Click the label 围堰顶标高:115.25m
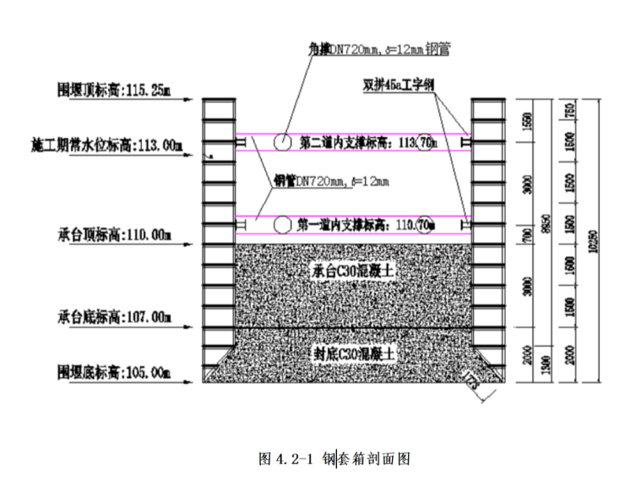(x=113, y=87)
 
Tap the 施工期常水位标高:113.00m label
(x=101, y=145)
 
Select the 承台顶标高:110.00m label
(x=113, y=232)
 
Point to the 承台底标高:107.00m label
(x=113, y=318)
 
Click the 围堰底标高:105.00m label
(x=113, y=371)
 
